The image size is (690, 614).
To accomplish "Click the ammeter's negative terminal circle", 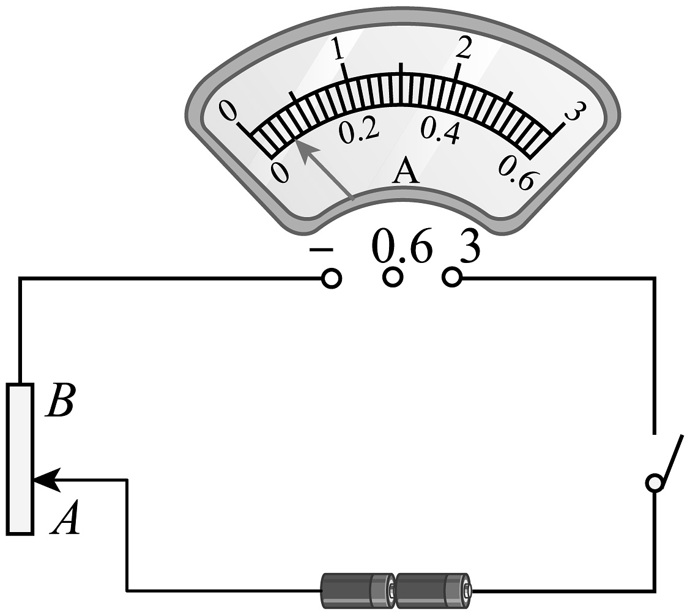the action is [x=332, y=278].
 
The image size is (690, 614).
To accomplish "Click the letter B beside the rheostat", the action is [x=61, y=401].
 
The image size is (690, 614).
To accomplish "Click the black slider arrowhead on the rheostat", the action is [x=47, y=479].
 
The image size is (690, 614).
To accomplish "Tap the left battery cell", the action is [x=358, y=590].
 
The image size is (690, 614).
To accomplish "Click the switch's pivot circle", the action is [x=655, y=483].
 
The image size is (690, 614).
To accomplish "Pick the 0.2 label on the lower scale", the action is [x=358, y=130].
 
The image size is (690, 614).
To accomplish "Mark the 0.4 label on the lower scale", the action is [x=440, y=131].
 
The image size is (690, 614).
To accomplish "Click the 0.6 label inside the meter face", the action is [x=518, y=174].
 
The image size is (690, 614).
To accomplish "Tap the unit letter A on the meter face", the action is [x=406, y=171].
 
